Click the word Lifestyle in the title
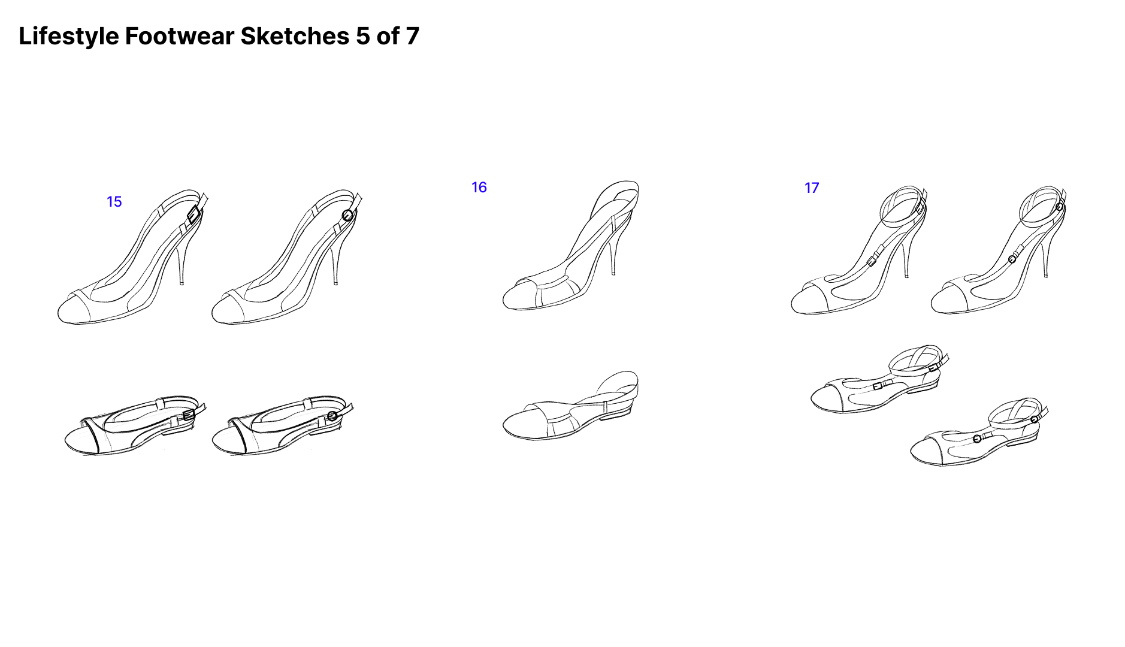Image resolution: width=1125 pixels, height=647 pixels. (69, 37)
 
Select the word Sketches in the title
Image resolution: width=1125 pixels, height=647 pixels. (295, 36)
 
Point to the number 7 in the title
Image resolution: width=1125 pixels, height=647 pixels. (412, 36)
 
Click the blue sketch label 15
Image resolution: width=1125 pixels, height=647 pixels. (114, 202)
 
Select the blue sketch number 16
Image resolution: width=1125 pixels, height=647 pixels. (479, 188)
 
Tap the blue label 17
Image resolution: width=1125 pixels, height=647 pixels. (812, 188)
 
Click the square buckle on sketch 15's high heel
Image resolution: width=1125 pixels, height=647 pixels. (193, 215)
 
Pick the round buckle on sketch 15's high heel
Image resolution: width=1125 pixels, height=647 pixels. (347, 215)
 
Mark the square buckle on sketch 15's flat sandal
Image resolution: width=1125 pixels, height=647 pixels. (189, 415)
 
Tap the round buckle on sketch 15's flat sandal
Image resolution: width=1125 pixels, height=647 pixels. (332, 416)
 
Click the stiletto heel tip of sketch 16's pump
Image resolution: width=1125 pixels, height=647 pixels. (613, 273)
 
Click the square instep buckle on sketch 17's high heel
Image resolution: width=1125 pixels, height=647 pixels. (873, 259)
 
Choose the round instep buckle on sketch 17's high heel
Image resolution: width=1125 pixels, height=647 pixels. (1012, 259)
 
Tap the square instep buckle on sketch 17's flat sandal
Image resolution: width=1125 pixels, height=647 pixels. (878, 386)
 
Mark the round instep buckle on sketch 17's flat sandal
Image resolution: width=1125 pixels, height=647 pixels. (977, 439)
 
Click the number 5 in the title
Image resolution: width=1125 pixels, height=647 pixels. (363, 36)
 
